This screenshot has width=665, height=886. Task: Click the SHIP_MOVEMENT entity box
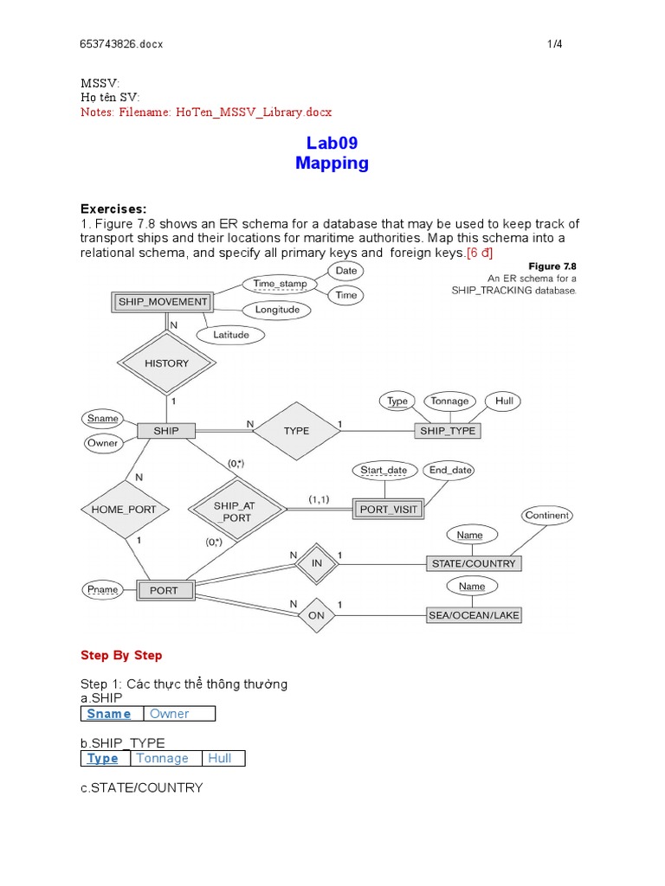point(163,302)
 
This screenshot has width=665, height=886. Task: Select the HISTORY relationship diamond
point(166,363)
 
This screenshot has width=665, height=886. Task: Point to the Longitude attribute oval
point(277,310)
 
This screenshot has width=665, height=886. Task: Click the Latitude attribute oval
point(230,335)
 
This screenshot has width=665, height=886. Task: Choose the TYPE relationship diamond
point(296,430)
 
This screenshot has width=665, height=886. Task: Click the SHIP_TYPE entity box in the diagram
point(447,430)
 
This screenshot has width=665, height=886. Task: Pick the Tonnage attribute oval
point(449,401)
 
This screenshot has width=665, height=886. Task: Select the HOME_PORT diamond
point(124,510)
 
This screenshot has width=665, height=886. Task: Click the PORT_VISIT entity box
point(389,510)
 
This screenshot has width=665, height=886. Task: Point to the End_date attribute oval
point(450,471)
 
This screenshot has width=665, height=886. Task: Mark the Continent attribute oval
point(547,515)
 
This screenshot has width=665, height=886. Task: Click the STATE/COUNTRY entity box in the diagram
point(474,563)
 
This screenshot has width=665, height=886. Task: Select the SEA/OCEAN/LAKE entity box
point(474,615)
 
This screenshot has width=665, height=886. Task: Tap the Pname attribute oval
point(102,590)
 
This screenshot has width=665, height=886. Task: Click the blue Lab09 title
point(332,143)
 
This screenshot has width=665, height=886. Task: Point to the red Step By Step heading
point(121,655)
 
